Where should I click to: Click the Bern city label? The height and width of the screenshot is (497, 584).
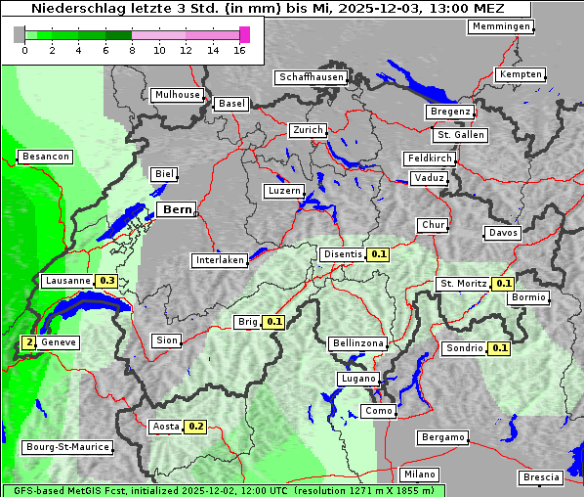[x=178, y=209]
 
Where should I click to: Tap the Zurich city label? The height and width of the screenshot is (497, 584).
[x=308, y=130]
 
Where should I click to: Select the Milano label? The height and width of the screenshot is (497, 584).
[x=420, y=474]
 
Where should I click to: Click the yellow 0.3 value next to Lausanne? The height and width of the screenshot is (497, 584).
[x=107, y=281]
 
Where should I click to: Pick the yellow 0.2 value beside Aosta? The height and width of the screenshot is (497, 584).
[x=196, y=426]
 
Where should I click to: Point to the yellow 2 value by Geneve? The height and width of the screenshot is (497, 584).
[x=29, y=342]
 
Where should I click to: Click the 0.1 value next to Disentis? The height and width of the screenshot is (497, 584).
[x=379, y=254]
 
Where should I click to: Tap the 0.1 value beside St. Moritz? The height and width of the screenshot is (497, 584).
[x=503, y=284]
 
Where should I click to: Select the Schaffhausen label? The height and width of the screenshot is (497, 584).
[x=311, y=77]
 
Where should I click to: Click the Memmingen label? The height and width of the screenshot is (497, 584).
[x=501, y=26]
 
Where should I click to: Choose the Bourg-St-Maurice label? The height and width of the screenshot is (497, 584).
[x=66, y=447]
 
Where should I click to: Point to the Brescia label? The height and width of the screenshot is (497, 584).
[x=541, y=476]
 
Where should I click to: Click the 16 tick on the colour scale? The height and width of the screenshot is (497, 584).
[x=239, y=51]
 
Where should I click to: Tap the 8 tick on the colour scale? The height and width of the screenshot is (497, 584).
[x=132, y=51]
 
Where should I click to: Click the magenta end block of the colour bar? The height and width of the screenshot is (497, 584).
[x=244, y=34]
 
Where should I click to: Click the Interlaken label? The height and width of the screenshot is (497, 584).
[x=219, y=260]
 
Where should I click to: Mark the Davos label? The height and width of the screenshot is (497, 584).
[x=503, y=233]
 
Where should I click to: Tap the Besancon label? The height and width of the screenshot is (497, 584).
[x=46, y=157]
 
